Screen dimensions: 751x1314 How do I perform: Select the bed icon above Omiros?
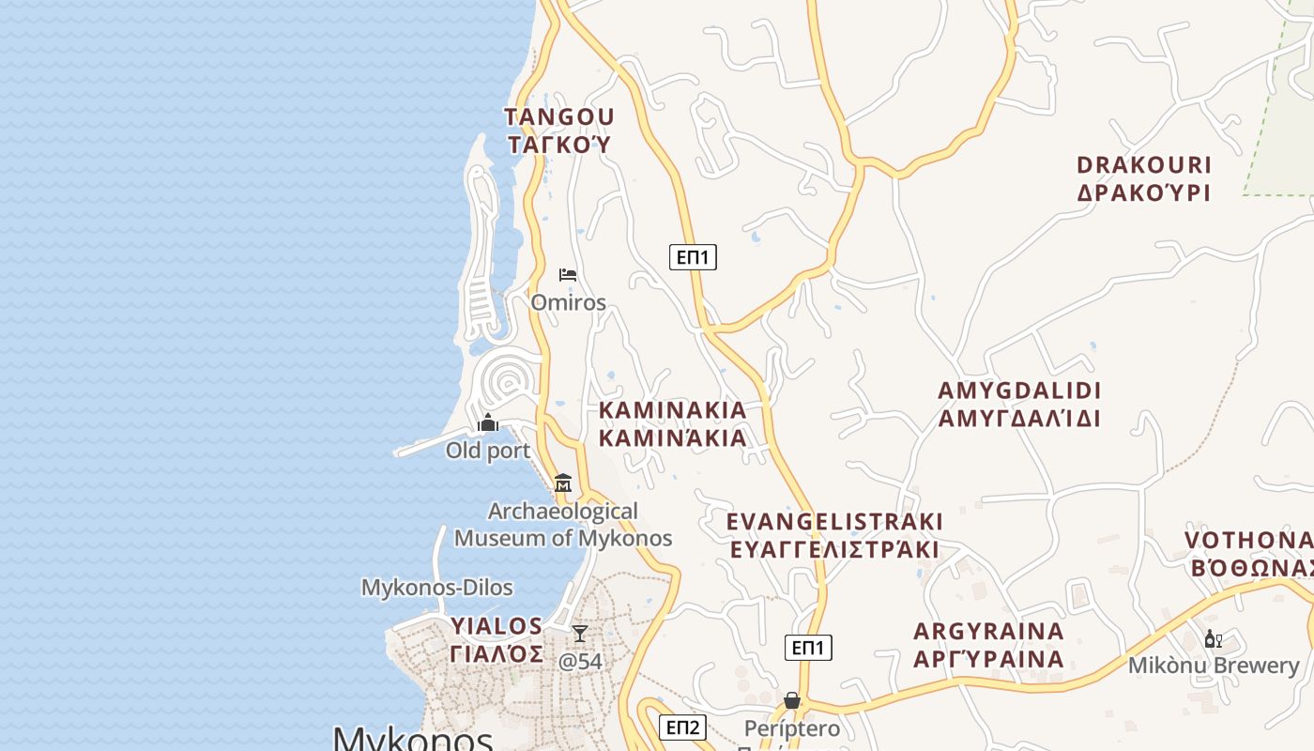(568, 274)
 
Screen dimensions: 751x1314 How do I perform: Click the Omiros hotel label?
(568, 302)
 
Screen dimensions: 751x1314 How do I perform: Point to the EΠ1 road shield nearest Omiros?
(693, 256)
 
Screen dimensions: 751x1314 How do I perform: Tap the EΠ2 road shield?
(682, 727)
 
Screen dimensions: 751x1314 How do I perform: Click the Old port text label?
(488, 451)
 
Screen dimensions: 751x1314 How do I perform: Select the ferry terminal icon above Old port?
(488, 423)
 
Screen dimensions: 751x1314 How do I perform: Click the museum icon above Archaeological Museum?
(563, 483)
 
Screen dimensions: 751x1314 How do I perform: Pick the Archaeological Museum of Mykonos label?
(563, 525)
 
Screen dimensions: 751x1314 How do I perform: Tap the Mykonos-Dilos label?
(437, 588)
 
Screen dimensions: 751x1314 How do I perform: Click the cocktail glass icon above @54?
(580, 634)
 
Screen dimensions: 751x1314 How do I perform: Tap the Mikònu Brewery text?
(1214, 666)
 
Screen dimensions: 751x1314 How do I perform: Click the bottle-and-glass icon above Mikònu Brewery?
(1213, 639)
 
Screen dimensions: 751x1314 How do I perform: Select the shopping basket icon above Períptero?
(792, 700)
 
